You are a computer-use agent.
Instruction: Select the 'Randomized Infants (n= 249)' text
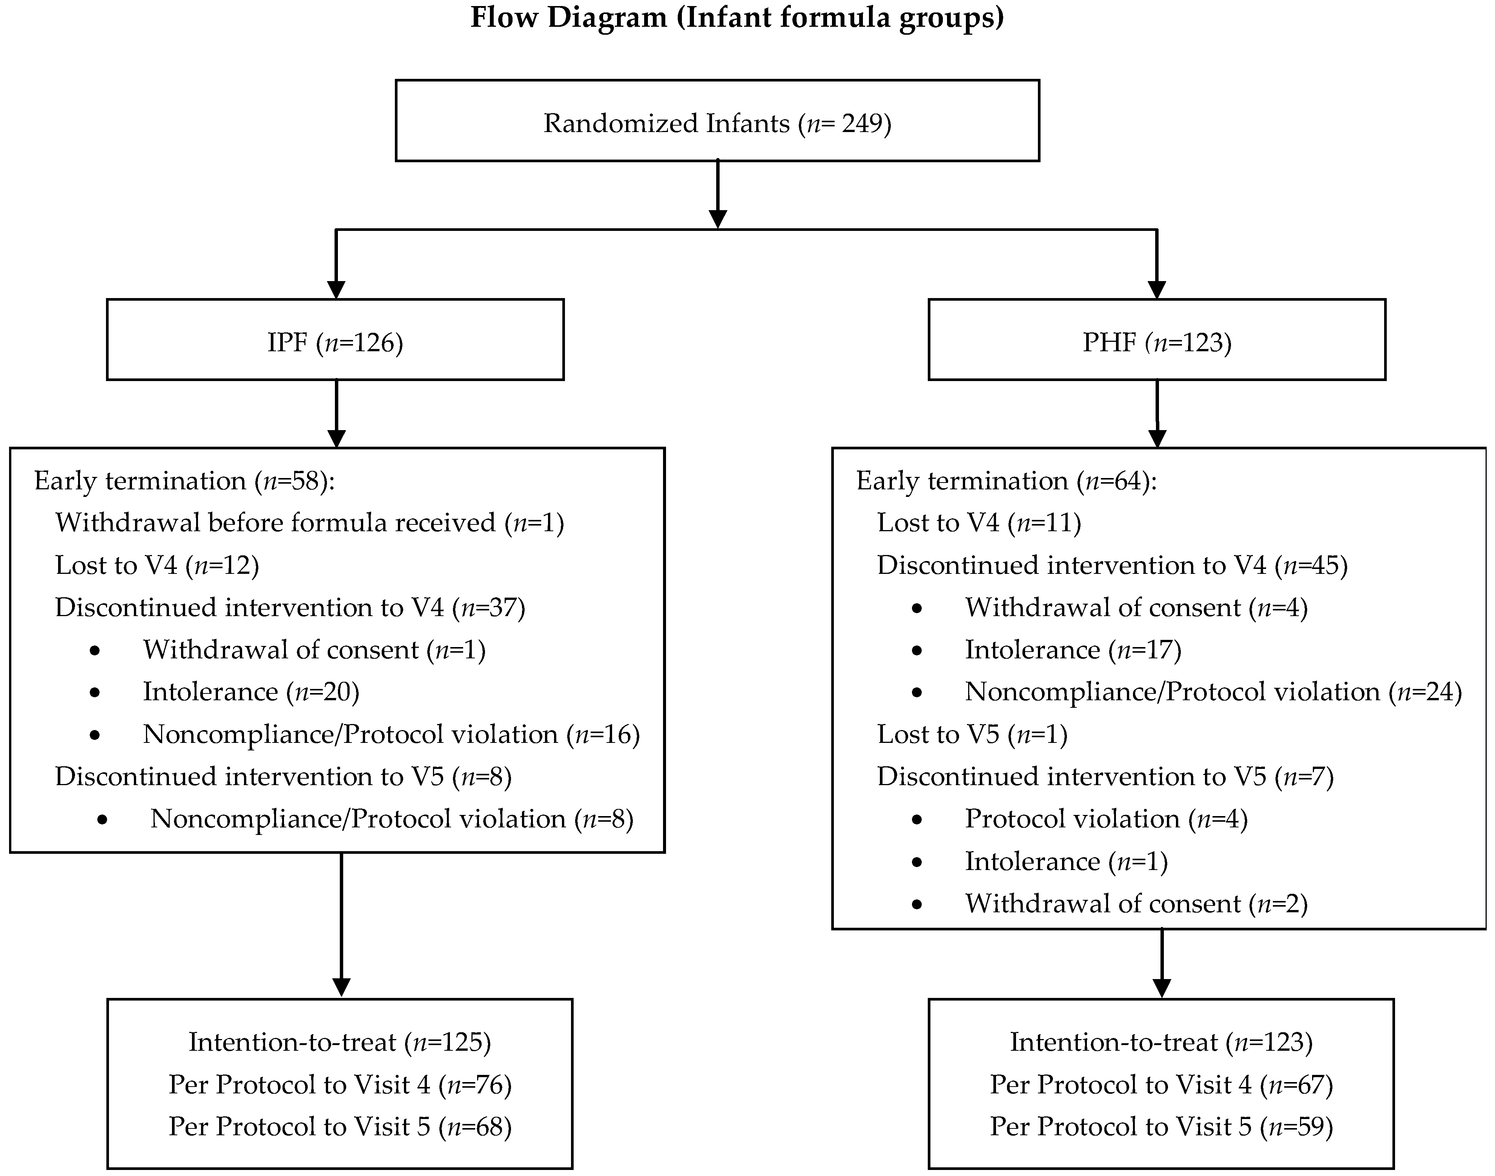(x=717, y=124)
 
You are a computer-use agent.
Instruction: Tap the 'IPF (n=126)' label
(x=335, y=342)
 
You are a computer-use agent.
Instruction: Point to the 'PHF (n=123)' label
(x=1156, y=342)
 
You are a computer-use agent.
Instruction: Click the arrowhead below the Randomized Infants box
(x=717, y=218)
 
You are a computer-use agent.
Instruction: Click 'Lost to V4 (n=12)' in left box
(x=157, y=565)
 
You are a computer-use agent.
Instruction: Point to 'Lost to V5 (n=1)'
(x=972, y=735)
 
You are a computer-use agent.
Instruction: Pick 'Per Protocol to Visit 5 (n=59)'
(x=1161, y=1127)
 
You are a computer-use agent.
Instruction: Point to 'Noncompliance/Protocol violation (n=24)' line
(x=1213, y=692)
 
